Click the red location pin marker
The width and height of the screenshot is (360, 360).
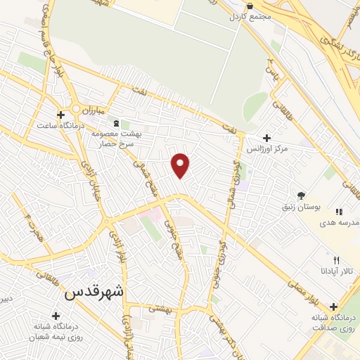tap(181, 165)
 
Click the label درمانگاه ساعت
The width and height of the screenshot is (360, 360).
tap(61, 124)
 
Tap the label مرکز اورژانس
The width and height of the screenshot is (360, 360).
tap(269, 150)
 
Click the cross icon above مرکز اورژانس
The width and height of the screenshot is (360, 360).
tap(266, 139)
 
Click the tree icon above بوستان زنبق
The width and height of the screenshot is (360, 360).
tap(302, 196)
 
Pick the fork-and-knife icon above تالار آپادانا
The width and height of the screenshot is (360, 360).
tap(336, 260)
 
